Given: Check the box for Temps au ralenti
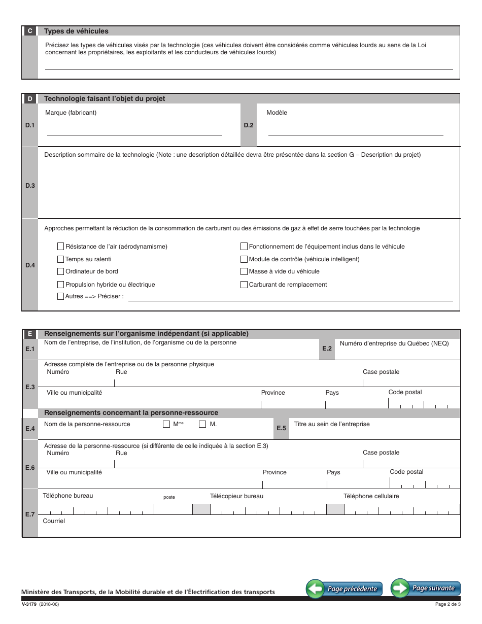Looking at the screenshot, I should tap(61, 259).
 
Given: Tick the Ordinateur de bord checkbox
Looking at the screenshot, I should tap(61, 271).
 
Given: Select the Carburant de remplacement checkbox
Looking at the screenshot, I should tap(244, 285).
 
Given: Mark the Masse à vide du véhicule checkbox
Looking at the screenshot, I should tap(244, 271).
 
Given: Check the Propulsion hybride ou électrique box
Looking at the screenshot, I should tap(61, 285).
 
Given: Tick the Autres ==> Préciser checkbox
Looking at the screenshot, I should tap(61, 296).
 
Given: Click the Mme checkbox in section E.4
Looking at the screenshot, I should tap(166, 424).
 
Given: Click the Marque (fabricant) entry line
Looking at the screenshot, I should tap(134, 131).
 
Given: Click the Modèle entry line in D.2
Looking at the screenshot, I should tap(355, 131).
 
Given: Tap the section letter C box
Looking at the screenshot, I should tap(30, 31).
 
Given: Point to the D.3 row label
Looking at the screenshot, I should tap(30, 186).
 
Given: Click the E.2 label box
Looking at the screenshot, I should tap(327, 349).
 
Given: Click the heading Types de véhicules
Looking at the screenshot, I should tap(76, 31).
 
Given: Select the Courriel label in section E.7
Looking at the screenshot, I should tap(54, 521).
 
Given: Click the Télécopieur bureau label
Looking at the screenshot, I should tap(236, 496).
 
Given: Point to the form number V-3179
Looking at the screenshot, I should tap(28, 604).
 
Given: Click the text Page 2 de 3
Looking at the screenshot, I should tap(447, 604).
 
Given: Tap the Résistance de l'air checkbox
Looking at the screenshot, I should tap(61, 247).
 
